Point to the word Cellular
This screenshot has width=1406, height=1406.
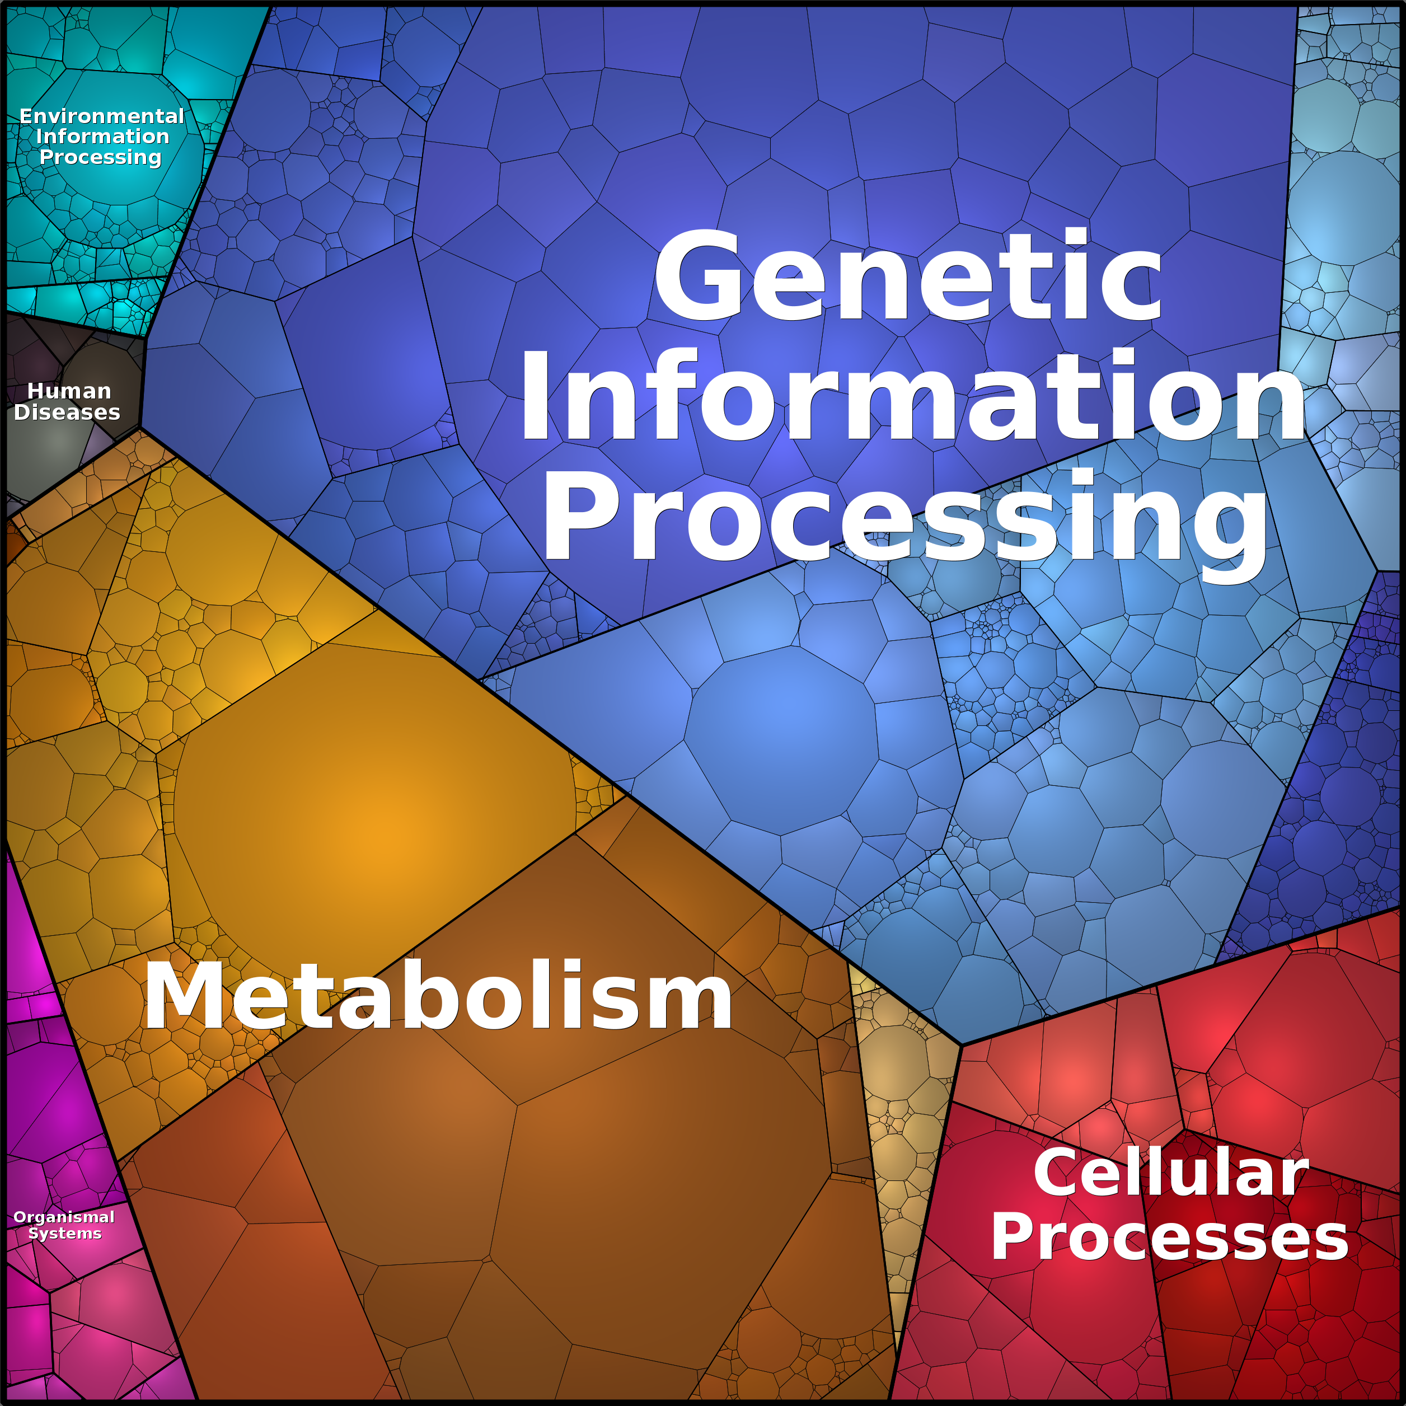pos(1171,1173)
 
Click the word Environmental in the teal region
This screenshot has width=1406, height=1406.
pos(102,116)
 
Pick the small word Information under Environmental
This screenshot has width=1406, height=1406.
pos(102,137)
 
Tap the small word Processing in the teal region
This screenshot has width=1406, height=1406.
pos(100,158)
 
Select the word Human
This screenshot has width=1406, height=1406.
pos(69,392)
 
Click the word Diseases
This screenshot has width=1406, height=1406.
pos(67,413)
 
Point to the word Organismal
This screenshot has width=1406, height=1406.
pos(64,1217)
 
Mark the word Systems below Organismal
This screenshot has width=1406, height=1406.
pos(65,1234)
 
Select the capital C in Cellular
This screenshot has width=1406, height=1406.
pos(1059,1173)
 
